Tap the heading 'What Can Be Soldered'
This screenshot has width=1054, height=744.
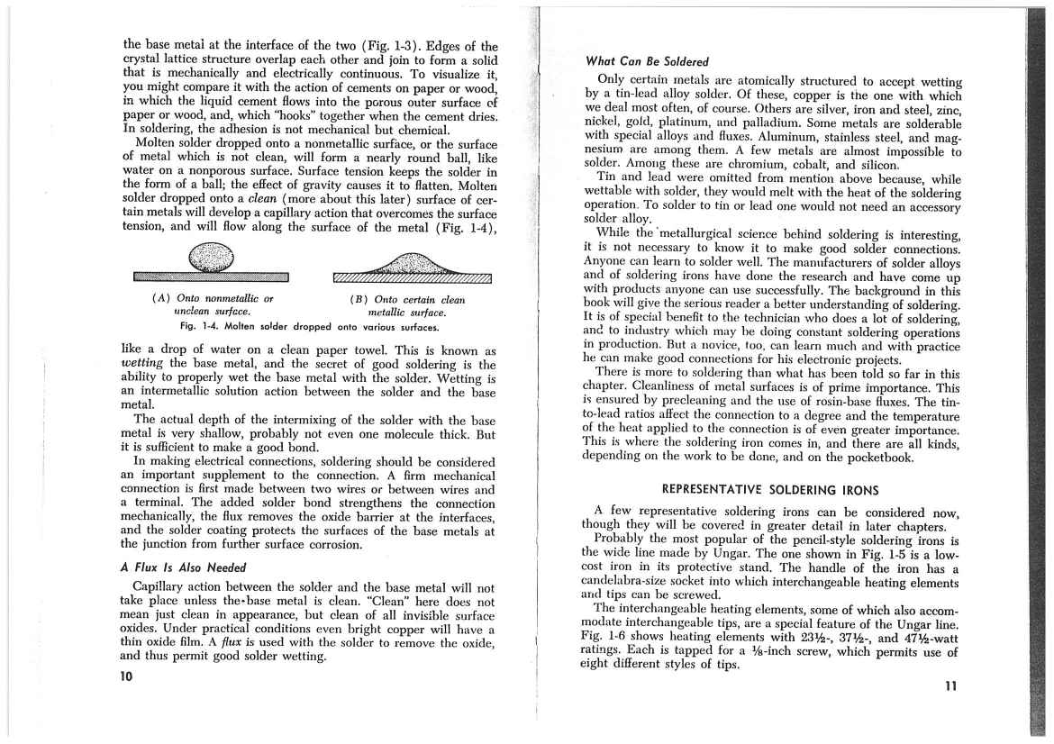[x=647, y=62]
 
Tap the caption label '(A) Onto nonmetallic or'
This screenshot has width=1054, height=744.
[x=212, y=298]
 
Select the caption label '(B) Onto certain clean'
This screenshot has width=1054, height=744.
[x=407, y=299]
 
